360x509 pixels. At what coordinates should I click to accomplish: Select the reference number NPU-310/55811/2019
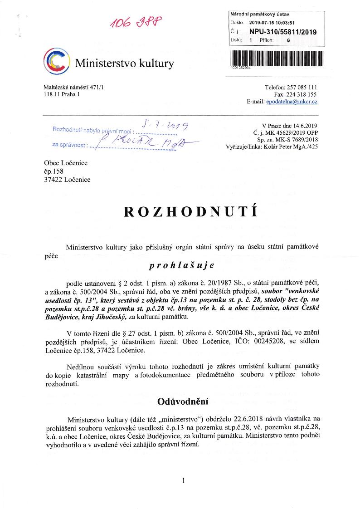tap(283, 32)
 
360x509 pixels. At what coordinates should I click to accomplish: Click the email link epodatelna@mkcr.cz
tap(292, 102)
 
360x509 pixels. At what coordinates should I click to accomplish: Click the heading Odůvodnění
tap(183, 401)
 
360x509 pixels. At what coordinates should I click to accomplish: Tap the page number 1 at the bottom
tap(183, 480)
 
